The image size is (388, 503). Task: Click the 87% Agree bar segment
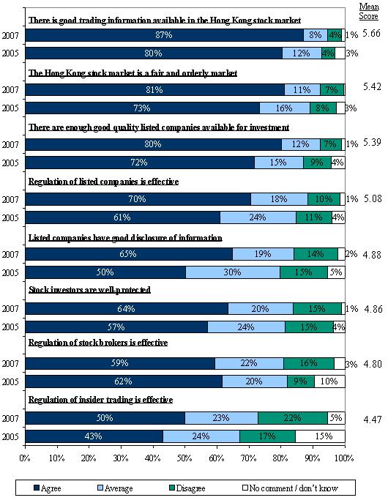coord(165,35)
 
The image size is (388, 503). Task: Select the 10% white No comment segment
coord(329,381)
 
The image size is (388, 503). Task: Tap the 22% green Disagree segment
coord(293,418)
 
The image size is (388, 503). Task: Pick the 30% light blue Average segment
coord(233,272)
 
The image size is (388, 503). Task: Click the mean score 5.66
coord(371,33)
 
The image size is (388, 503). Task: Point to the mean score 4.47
coord(373,420)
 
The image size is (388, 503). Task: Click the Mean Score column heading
coord(369,11)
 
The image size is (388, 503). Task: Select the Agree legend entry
coord(47,488)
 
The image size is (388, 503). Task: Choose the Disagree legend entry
coord(187,488)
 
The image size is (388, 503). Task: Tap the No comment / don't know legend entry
coord(290,488)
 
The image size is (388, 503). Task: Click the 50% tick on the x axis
coord(185,445)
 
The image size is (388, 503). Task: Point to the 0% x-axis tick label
coord(25,458)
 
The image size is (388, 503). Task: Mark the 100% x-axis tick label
coord(344,458)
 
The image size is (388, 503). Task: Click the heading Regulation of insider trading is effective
coord(101,400)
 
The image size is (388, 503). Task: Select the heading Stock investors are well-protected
coord(89,290)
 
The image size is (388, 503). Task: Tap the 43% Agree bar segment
coord(94,436)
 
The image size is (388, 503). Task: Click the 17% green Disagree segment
coord(267,436)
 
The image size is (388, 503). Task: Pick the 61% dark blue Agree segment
coord(123,217)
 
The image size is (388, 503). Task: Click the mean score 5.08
coord(373,198)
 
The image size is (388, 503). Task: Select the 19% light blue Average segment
coord(264,254)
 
